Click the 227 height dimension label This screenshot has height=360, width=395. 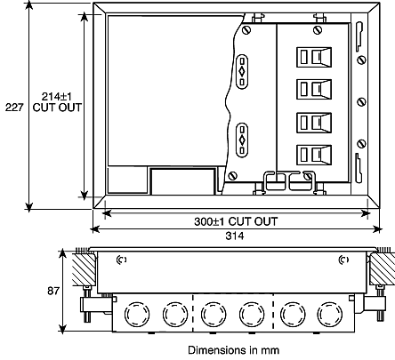tap(14, 108)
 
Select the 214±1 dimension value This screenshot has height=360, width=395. tap(57, 97)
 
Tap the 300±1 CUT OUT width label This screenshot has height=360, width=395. tap(236, 221)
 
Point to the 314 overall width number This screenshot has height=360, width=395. tap(235, 236)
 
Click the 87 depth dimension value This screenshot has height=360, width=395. tap(53, 291)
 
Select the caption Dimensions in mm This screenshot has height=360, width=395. tap(234, 350)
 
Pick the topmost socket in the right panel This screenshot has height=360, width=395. tap(314, 57)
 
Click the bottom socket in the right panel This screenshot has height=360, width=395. tap(314, 155)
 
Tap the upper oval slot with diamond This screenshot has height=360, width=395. tap(242, 71)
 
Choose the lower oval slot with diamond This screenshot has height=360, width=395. tap(242, 140)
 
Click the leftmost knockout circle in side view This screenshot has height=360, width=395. tap(137, 314)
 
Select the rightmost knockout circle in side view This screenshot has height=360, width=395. tap(329, 314)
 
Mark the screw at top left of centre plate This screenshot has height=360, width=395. tap(246, 29)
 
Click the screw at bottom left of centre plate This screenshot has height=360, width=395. tap(232, 176)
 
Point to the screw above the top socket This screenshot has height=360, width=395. tap(318, 30)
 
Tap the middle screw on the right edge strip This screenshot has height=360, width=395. tap(361, 102)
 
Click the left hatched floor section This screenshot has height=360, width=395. tap(84, 269)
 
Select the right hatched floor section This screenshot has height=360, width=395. tap(383, 269)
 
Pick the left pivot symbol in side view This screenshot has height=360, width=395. tap(121, 260)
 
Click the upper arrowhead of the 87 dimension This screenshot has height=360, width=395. tap(62, 254)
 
